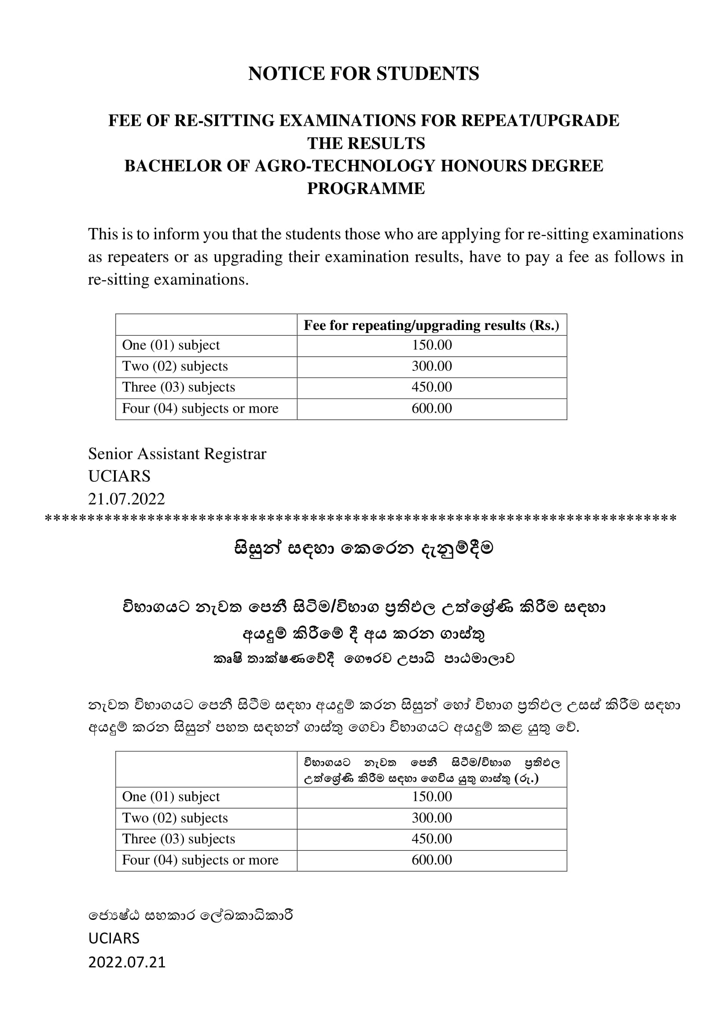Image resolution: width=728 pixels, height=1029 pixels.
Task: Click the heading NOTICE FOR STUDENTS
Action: tap(364, 73)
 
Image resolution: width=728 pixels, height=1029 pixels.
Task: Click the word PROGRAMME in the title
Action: tap(366, 188)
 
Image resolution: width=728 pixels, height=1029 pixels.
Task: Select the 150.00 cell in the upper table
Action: tap(432, 345)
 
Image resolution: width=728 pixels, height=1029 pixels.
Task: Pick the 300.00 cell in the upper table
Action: tap(432, 366)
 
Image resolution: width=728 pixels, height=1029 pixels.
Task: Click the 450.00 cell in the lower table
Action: tap(432, 839)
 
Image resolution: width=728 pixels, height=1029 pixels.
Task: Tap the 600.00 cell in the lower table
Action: tap(432, 860)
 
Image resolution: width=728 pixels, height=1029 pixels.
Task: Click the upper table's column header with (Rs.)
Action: tap(432, 325)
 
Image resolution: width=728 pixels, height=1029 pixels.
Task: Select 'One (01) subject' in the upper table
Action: tap(171, 345)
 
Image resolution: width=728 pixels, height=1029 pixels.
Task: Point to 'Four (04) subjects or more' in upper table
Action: tap(200, 408)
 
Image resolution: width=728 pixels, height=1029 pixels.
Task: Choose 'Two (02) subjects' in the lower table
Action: tap(175, 818)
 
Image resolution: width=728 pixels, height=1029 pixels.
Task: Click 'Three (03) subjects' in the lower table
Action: tap(178, 839)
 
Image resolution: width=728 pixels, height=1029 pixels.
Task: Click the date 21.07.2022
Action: tap(126, 499)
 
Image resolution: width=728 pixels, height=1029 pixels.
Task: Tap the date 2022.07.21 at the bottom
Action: tap(127, 962)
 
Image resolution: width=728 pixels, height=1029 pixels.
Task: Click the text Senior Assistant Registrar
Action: tap(177, 454)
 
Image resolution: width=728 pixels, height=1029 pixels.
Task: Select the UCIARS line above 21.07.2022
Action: tap(119, 476)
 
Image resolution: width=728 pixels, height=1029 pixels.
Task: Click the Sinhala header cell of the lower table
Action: tap(432, 770)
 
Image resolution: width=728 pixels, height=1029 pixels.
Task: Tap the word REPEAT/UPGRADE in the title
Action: tap(540, 121)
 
